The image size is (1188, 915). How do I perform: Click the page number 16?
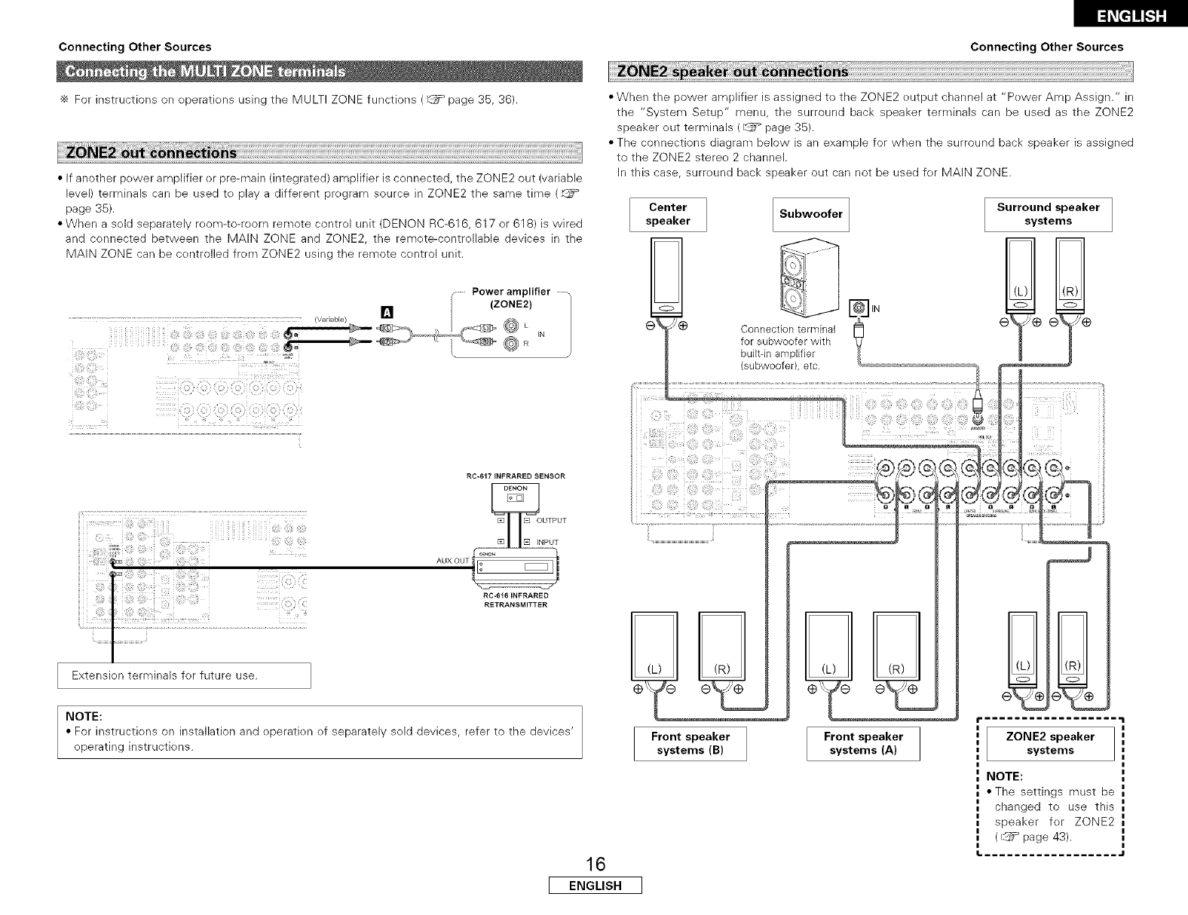[595, 863]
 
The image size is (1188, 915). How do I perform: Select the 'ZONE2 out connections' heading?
[152, 153]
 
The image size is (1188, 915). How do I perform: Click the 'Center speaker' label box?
[668, 214]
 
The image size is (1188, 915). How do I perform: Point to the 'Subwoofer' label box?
[811, 214]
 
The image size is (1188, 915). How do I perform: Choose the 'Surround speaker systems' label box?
[1048, 214]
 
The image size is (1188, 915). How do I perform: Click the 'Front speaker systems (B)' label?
[690, 743]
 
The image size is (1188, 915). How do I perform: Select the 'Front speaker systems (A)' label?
[863, 743]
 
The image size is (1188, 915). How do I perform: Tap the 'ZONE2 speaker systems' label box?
[1050, 743]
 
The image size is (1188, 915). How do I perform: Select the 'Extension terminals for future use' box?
[184, 675]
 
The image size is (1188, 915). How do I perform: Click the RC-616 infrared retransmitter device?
[514, 568]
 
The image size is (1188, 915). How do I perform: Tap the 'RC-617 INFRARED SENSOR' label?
[516, 476]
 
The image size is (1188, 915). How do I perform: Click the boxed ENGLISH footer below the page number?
[595, 886]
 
